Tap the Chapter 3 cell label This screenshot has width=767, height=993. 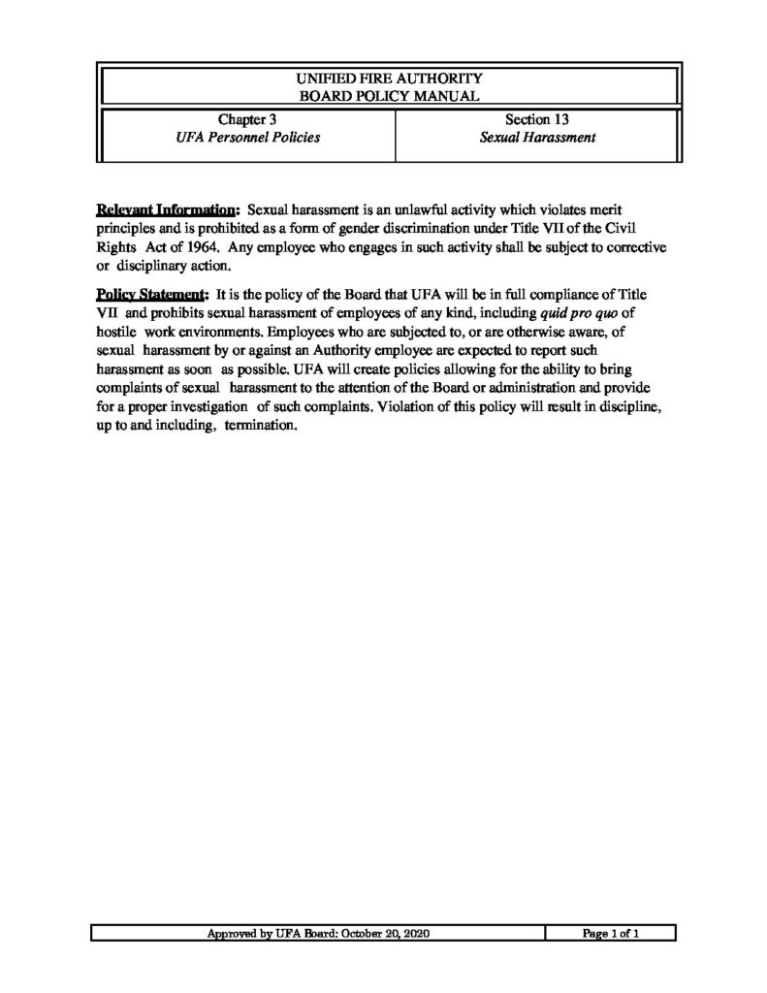[x=247, y=120]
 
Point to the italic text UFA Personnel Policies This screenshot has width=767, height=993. [x=247, y=138]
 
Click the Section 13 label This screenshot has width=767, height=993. [x=536, y=120]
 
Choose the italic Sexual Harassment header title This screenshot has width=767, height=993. [x=536, y=138]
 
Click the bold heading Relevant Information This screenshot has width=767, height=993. [x=167, y=209]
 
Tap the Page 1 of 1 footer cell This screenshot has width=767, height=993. [x=610, y=934]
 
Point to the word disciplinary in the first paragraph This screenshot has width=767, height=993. [x=157, y=267]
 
